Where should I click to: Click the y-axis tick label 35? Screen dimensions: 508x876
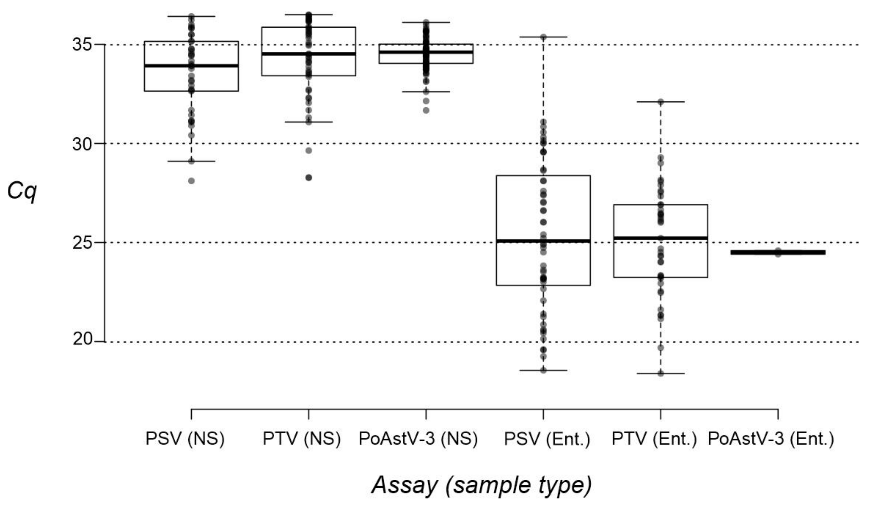[82, 45]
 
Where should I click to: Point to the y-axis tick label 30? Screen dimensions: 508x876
[82, 144]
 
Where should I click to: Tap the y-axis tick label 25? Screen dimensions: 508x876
[82, 243]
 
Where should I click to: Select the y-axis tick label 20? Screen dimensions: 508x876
[82, 339]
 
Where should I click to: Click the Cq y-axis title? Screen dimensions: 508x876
[22, 192]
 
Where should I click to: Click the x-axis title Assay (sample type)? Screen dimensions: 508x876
[482, 485]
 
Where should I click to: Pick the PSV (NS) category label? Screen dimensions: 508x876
[185, 439]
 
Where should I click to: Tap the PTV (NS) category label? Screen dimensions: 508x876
[301, 439]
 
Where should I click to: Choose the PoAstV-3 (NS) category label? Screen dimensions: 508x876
[418, 439]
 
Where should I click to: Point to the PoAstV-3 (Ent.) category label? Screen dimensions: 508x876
[771, 439]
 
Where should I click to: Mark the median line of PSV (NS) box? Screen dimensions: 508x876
[191, 65]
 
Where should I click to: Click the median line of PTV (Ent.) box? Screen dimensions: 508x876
[660, 238]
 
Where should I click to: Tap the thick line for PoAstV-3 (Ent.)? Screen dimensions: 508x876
[778, 252]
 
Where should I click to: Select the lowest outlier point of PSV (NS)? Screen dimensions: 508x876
[191, 181]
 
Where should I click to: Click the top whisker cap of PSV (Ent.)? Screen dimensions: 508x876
[543, 37]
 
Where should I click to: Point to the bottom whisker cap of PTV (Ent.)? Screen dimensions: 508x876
[660, 373]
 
